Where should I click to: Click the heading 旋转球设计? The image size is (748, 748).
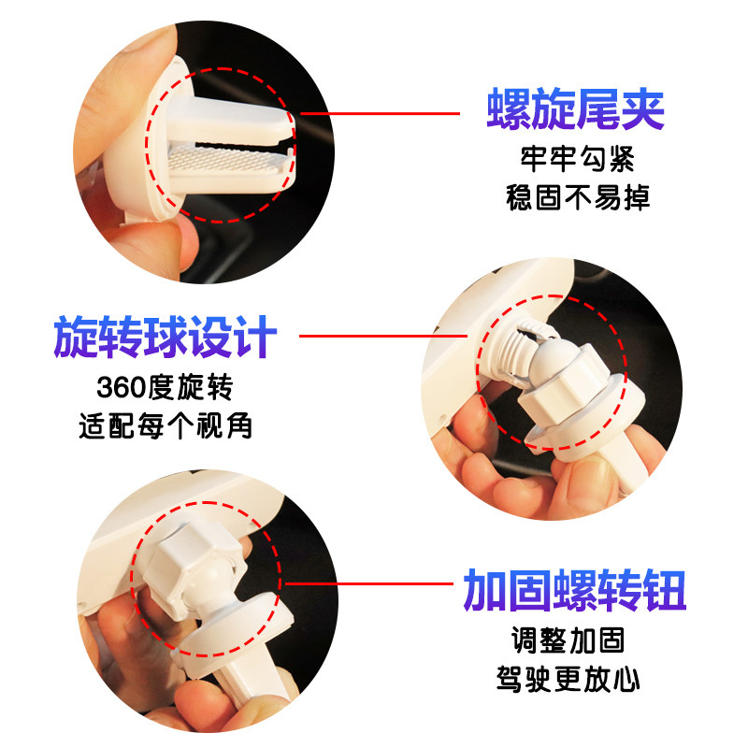[165, 338]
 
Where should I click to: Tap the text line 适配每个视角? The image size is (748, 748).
[165, 425]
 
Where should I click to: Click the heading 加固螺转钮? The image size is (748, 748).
[575, 590]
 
